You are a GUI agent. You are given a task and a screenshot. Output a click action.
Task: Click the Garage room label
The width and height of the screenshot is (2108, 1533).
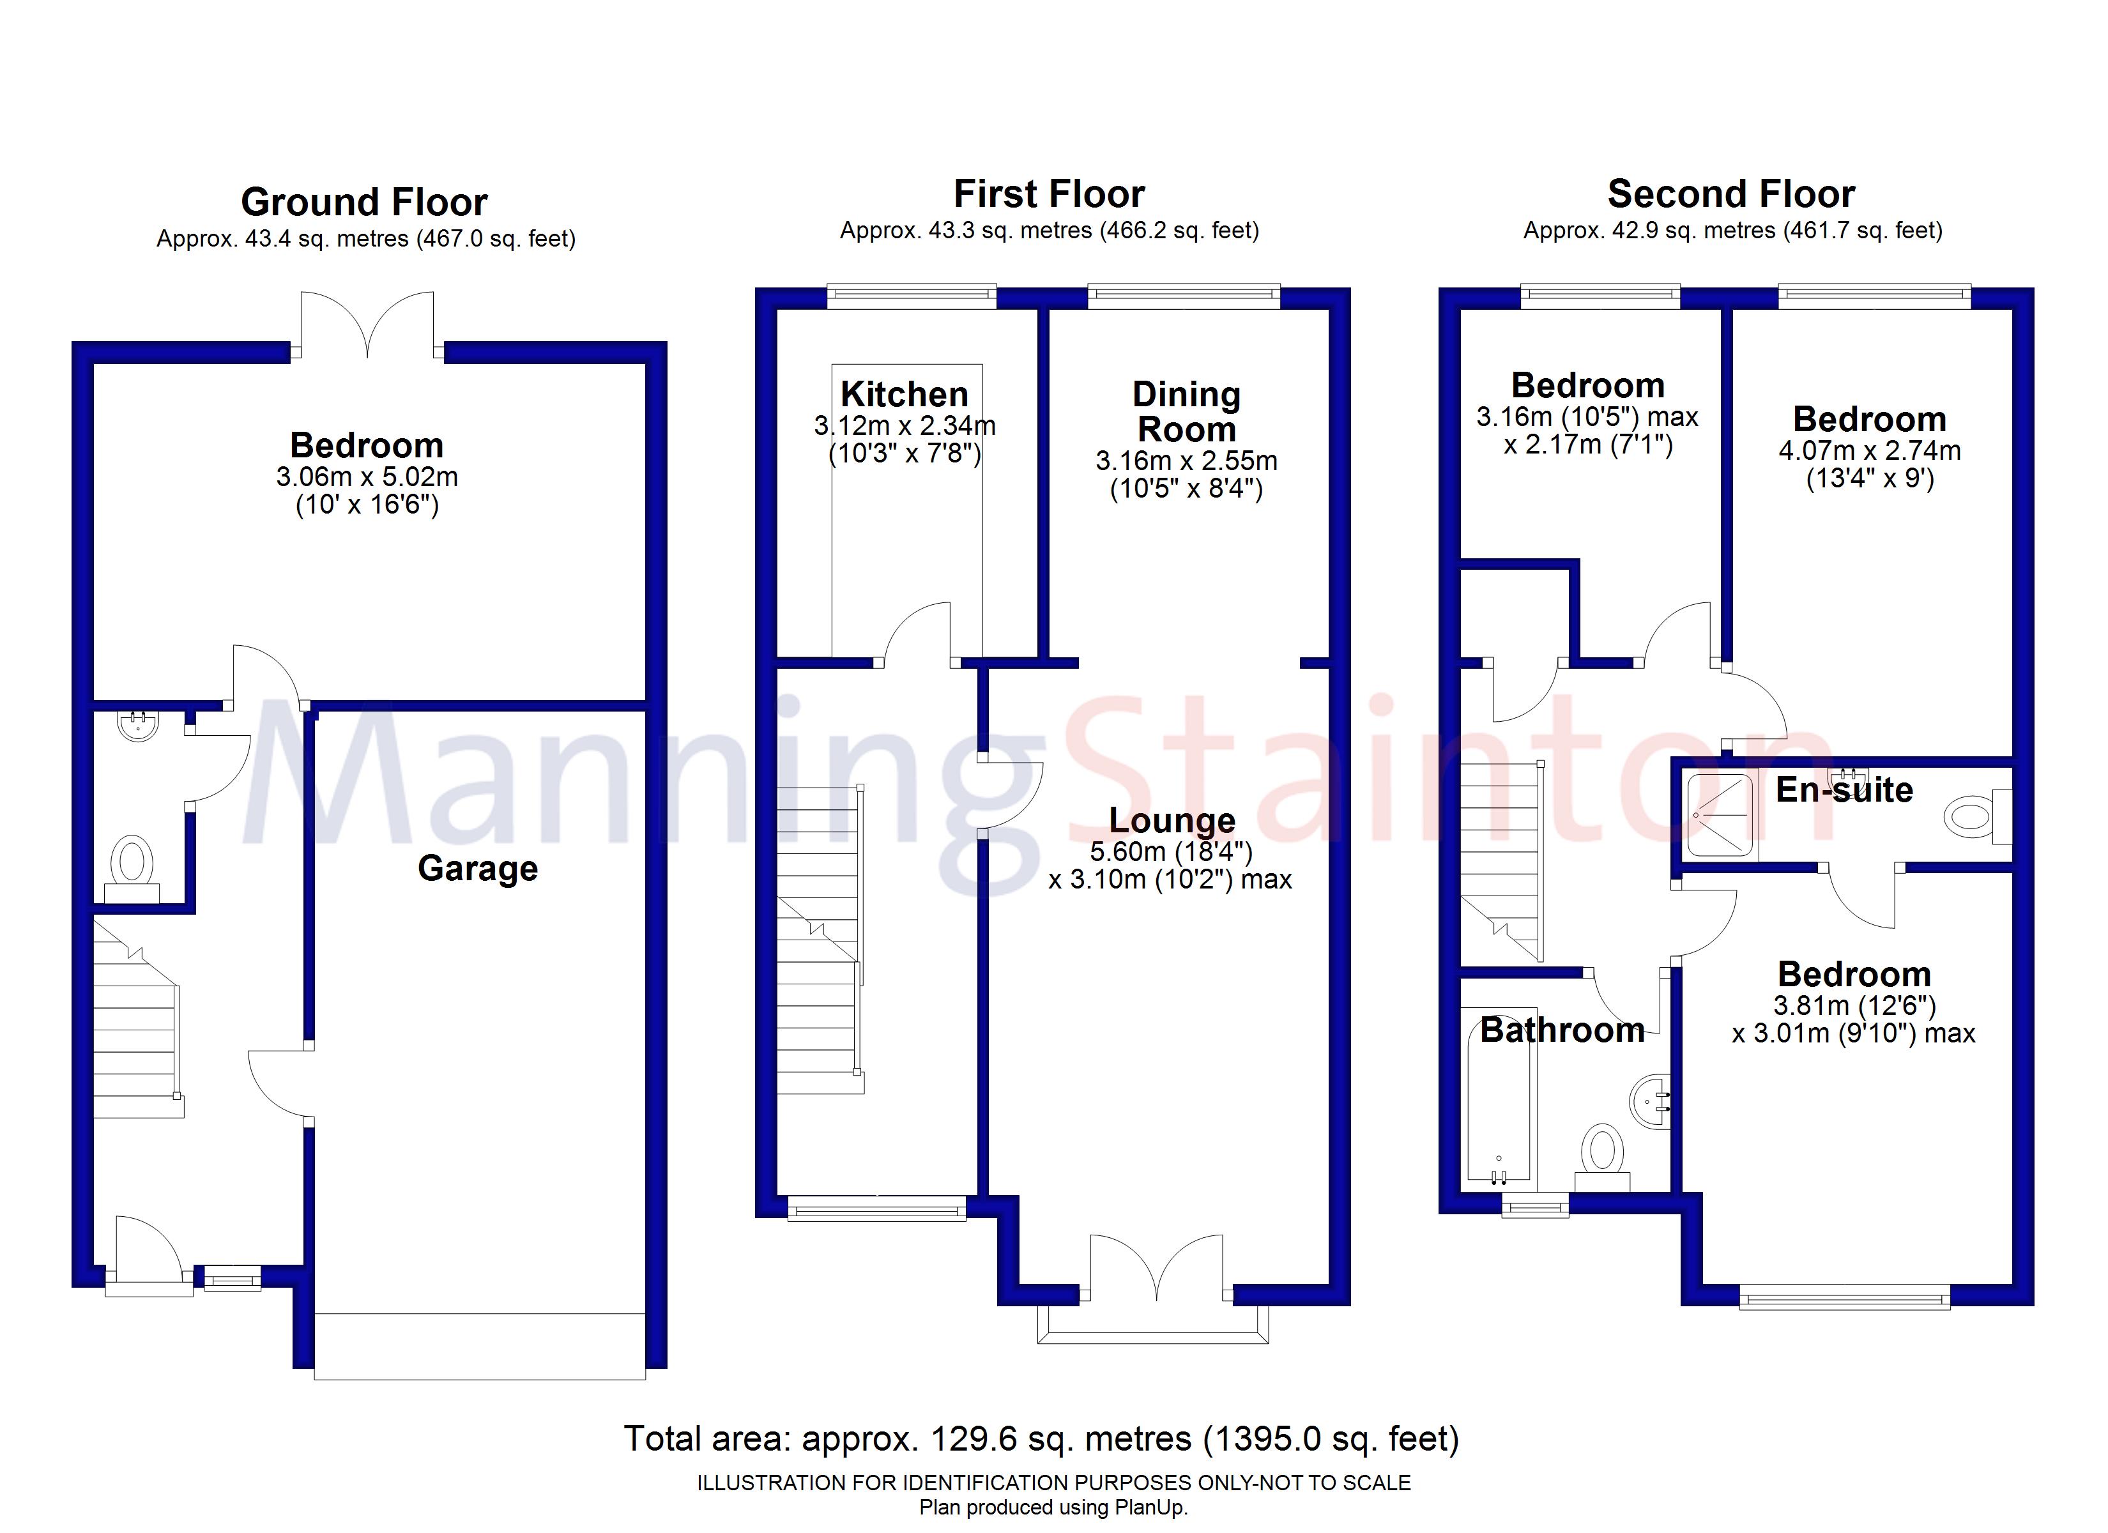[478, 868]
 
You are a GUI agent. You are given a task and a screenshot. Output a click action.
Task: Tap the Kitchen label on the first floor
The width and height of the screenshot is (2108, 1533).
[905, 394]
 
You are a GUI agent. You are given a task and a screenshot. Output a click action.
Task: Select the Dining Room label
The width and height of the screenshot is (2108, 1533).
[1186, 412]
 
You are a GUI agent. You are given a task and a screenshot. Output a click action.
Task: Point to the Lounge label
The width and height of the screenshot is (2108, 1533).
[1172, 821]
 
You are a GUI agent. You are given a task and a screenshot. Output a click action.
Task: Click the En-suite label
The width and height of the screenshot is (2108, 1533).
[1844, 790]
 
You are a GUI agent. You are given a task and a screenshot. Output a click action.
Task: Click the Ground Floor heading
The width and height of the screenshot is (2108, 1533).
[364, 202]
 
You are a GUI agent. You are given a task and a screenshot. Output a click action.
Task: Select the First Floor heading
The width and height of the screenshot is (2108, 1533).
[1050, 194]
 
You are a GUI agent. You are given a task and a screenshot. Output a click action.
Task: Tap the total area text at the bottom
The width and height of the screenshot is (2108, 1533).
[1041, 1439]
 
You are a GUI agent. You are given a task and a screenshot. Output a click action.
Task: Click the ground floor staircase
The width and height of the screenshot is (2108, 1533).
[137, 1018]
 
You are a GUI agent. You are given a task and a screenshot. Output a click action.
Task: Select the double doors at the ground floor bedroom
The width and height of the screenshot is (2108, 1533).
[368, 325]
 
